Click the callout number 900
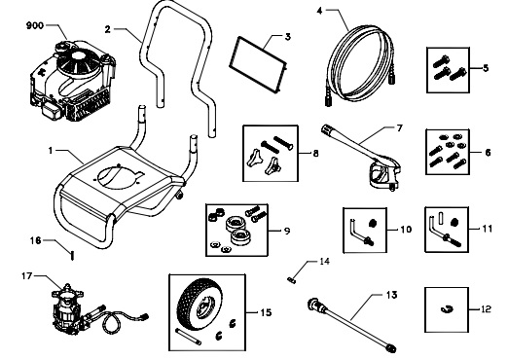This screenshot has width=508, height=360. tap(35, 25)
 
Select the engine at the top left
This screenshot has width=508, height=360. tap(72, 80)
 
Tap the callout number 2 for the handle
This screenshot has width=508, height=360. tap(108, 29)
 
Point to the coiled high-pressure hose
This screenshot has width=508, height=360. tap(361, 66)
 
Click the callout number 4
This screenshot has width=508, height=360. tap(320, 11)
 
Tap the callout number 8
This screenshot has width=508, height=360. tap(315, 153)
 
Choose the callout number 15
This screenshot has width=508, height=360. tap(266, 312)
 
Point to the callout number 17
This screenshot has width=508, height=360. tap(27, 276)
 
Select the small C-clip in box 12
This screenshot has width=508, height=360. tap(447, 309)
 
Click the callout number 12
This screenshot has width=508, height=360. tap(486, 309)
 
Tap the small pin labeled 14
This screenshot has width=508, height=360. tap(291, 280)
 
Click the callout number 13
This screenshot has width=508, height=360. tap(391, 295)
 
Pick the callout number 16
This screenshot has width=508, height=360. tap(36, 240)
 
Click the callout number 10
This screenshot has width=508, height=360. tap(405, 230)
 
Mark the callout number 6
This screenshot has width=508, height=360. tap(488, 152)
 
